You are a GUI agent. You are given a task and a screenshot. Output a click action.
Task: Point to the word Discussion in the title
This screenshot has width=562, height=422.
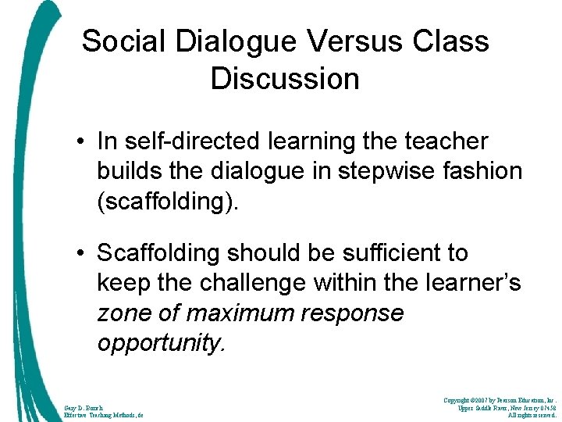coord(285,79)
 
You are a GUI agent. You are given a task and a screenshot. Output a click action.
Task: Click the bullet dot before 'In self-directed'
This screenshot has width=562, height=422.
coord(82,142)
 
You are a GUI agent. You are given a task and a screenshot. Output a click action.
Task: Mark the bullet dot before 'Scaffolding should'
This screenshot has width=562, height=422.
coord(82,253)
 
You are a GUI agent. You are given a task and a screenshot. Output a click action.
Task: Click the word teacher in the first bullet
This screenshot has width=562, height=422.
coord(445,142)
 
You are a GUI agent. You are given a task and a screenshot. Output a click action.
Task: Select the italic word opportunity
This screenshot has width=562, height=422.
coord(161,343)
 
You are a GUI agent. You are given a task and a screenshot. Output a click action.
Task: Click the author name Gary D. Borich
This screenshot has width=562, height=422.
coord(82,407)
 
